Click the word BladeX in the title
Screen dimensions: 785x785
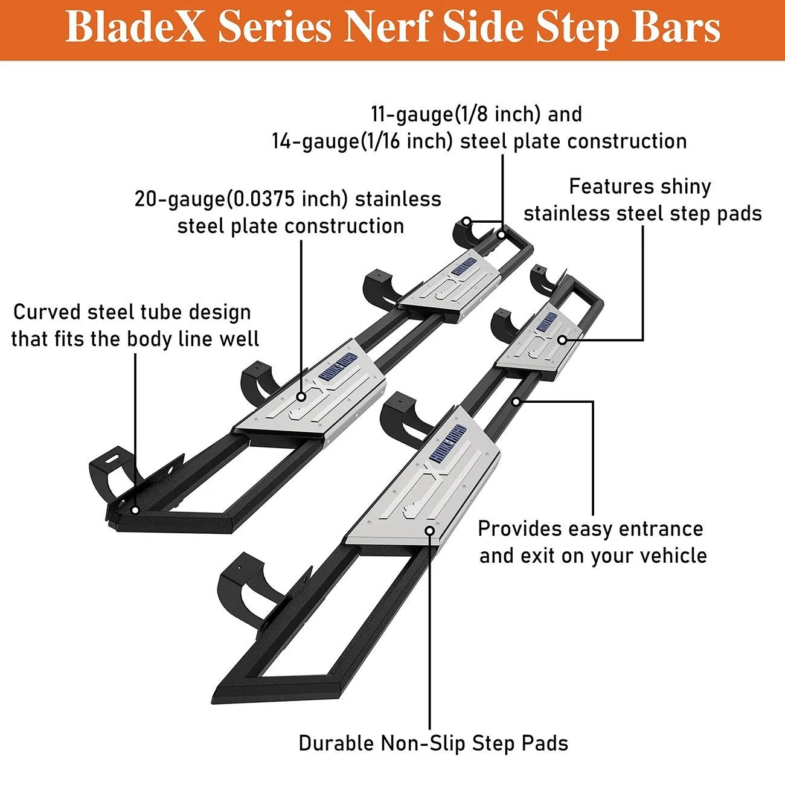point(135,27)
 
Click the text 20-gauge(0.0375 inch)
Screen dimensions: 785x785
point(241,200)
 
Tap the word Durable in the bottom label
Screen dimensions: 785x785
point(336,743)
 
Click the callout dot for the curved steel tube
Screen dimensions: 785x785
point(135,510)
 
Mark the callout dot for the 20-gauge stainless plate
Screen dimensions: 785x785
point(301,396)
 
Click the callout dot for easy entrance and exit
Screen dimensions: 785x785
point(516,402)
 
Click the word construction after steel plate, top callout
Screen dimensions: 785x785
point(627,142)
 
